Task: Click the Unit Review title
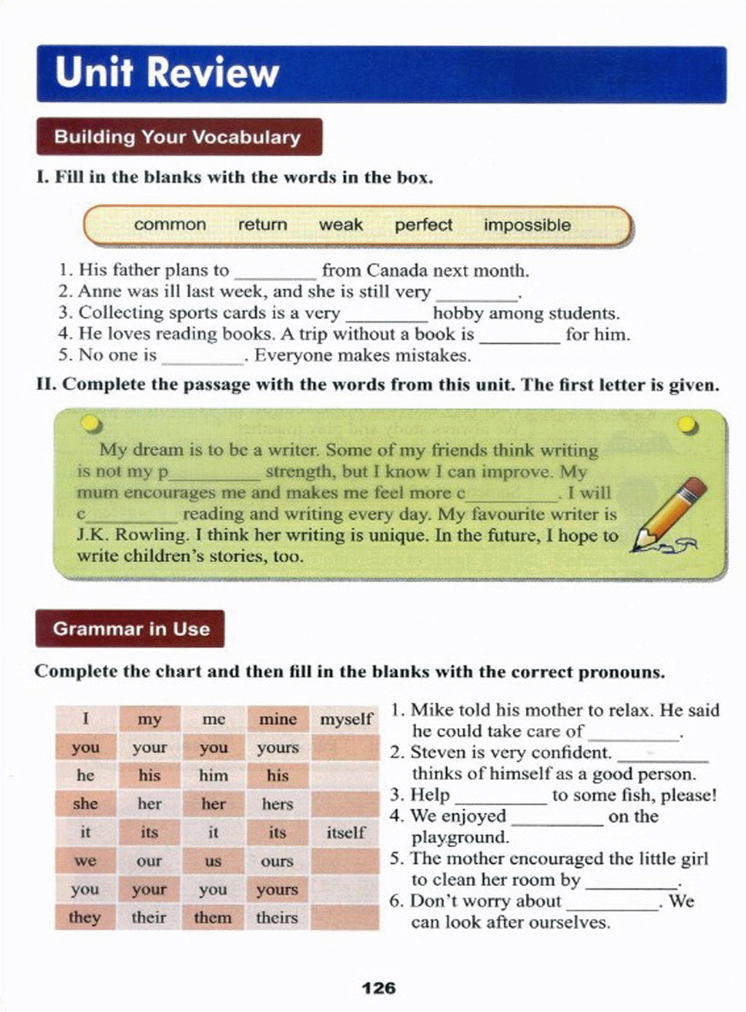[167, 73]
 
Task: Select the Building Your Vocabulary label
[177, 137]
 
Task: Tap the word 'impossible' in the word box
[527, 225]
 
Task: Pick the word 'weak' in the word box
[340, 225]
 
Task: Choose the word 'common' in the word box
[170, 225]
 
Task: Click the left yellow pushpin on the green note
[90, 424]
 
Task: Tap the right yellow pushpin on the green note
[686, 424]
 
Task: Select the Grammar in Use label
[130, 629]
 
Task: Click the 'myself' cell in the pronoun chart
[345, 720]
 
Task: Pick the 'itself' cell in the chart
[345, 832]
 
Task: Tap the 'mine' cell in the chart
[278, 719]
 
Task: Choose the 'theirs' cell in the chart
[277, 917]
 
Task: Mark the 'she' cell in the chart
[85, 804]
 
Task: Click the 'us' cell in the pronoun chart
[213, 861]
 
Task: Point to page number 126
[379, 988]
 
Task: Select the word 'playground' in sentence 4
[459, 838]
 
